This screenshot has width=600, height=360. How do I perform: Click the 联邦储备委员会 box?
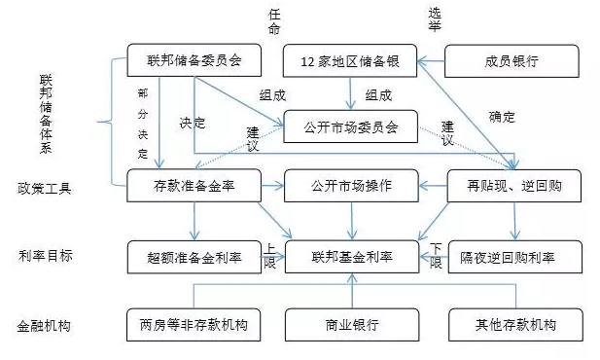[195, 61]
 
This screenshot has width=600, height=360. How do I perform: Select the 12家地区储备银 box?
[350, 61]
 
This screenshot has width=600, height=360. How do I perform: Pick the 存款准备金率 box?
[194, 185]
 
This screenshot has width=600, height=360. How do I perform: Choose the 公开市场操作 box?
[351, 185]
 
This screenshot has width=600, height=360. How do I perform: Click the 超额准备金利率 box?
[194, 258]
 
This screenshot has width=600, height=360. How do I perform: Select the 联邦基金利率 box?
[351, 258]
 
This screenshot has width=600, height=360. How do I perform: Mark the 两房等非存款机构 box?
[194, 324]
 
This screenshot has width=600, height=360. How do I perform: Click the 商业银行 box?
[351, 324]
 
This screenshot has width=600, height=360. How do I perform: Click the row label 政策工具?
[45, 187]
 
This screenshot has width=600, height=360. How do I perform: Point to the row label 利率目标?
[45, 257]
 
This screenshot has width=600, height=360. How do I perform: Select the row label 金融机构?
[45, 324]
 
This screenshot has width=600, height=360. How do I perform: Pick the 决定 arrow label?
[193, 124]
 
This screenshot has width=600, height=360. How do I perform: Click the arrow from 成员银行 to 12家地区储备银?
[431, 61]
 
